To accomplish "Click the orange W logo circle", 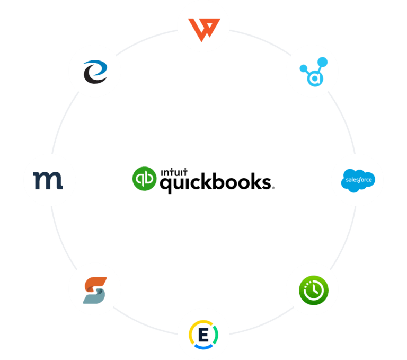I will (x=203, y=26).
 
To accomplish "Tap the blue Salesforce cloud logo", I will (x=357, y=180).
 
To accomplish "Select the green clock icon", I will (x=312, y=289).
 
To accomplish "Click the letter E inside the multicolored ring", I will (x=203, y=335).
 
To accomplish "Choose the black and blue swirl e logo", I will (x=95, y=71).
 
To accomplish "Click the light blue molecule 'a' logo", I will (x=312, y=71).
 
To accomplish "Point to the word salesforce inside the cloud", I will (x=357, y=180).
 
